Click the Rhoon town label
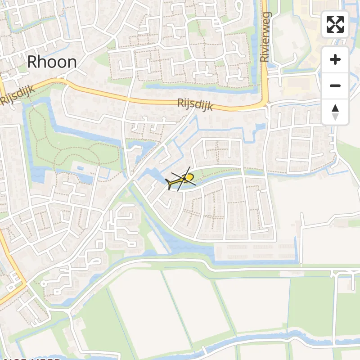tap(52, 62)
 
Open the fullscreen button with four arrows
tap(335, 24)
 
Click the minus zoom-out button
tap(335, 86)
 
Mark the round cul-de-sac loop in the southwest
tap(44, 284)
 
